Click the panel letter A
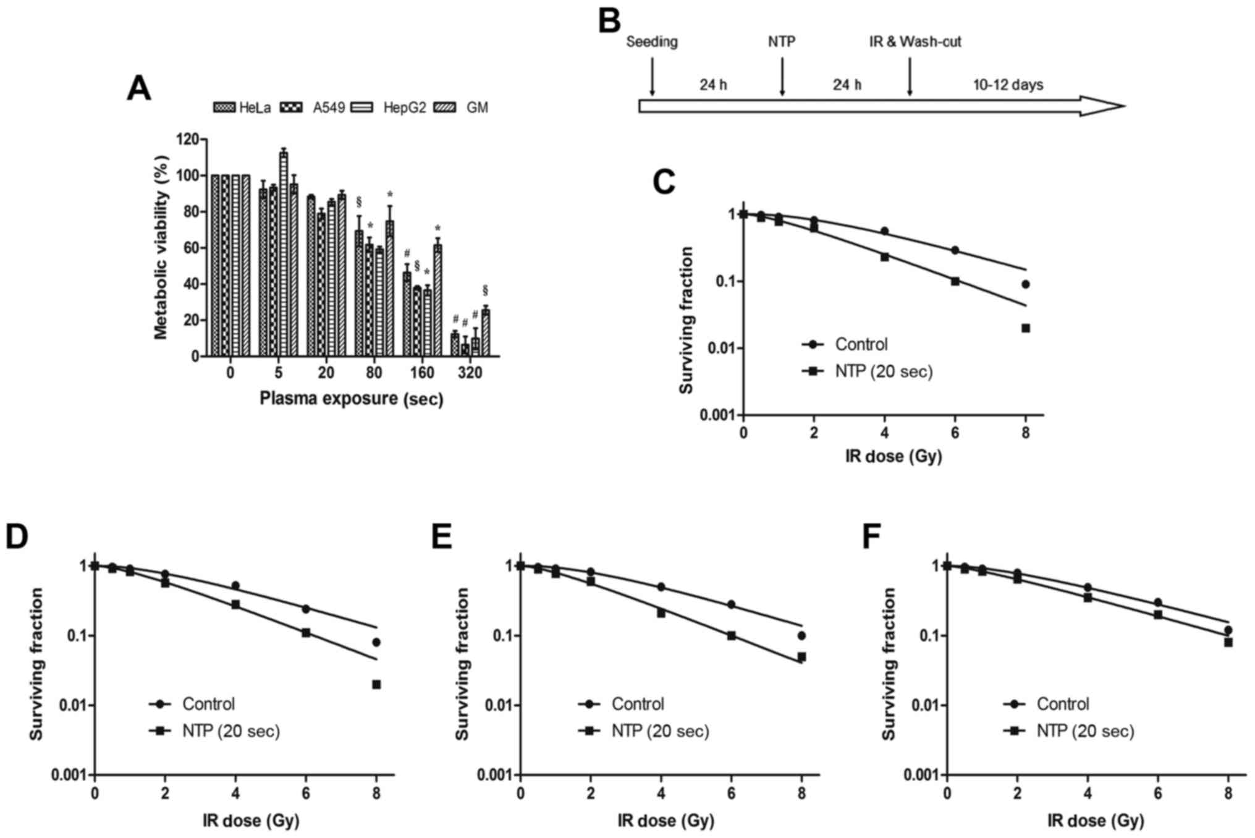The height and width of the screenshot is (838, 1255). coord(138,88)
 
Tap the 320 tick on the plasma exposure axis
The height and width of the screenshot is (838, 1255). coord(470,373)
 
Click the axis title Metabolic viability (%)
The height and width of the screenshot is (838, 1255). coord(161,247)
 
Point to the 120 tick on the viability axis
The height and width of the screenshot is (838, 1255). coord(187,139)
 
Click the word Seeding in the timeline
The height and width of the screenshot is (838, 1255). coord(652,42)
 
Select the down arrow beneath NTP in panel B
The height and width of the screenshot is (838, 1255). coord(782,77)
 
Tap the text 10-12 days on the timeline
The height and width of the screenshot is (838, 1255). coord(1008,85)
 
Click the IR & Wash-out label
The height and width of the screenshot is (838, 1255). coord(915,42)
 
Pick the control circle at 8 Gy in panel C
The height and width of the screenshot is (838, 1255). coord(1026,284)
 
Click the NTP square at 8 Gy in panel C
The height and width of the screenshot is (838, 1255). coord(1026,328)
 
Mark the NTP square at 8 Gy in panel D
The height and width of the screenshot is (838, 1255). coord(376,684)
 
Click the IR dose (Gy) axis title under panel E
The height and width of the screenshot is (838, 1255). coord(665,821)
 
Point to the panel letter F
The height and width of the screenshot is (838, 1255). coord(871,536)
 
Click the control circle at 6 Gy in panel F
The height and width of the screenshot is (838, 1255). coord(1158,603)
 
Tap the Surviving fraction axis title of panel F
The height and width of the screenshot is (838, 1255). coord(889,664)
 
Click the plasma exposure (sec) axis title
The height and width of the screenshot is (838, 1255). coord(351,399)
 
